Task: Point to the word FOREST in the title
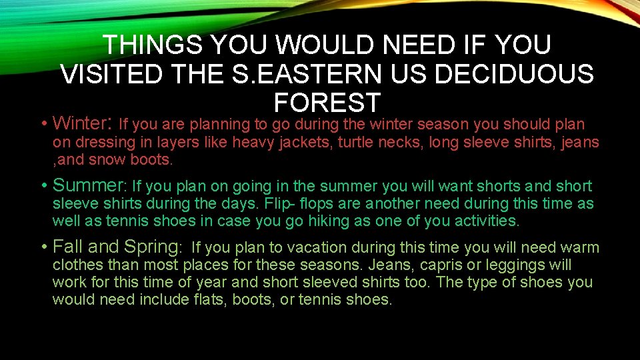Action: tap(327, 103)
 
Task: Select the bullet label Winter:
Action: tap(81, 124)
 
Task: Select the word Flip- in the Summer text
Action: tap(278, 203)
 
